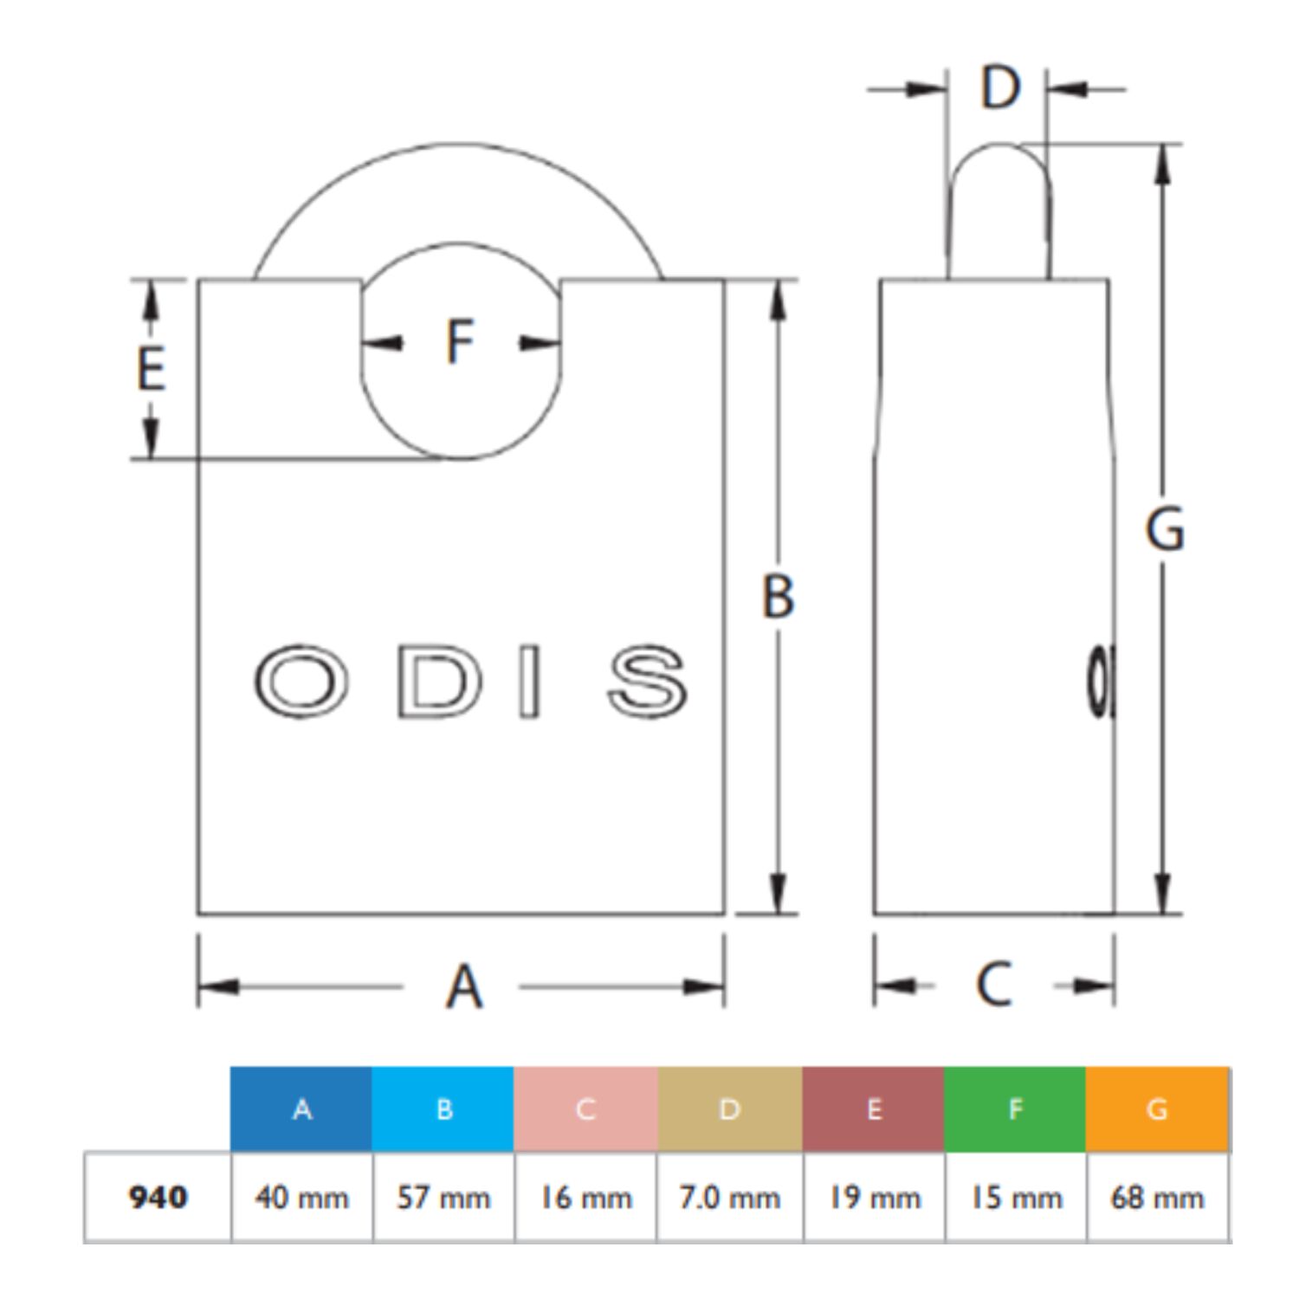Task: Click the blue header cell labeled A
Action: point(301,1108)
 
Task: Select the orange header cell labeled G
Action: point(1157,1108)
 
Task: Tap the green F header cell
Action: point(1015,1108)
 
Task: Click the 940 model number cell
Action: point(158,1198)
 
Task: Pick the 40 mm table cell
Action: point(301,1198)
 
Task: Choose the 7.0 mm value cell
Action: point(730,1198)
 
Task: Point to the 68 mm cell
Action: point(1158,1198)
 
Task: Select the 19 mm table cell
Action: point(875,1198)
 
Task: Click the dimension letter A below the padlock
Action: point(464,986)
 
